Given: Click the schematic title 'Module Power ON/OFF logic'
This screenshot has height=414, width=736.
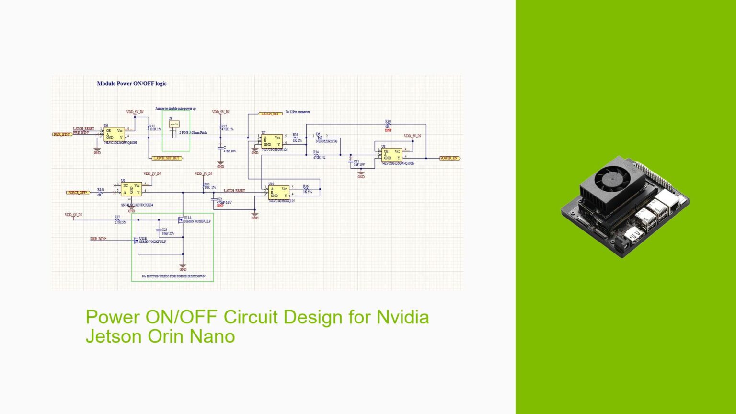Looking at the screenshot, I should [132, 83].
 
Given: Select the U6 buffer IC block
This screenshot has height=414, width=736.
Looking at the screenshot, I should [115, 134].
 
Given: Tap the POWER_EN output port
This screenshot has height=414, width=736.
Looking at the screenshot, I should [449, 158].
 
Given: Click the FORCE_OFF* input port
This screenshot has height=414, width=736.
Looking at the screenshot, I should [78, 193].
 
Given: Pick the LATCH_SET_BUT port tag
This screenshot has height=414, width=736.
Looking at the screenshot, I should [167, 158].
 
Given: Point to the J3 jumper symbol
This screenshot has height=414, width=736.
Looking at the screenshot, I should [174, 124].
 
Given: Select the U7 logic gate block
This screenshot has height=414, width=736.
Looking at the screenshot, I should [272, 141].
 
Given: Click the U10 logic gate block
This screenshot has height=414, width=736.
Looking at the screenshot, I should [278, 192].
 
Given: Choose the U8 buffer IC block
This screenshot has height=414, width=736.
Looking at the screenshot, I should [392, 155].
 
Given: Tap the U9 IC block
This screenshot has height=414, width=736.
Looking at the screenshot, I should [131, 189].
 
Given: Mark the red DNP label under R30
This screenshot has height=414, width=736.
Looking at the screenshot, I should [388, 130].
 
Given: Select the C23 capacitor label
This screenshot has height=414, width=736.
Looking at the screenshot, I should [164, 230].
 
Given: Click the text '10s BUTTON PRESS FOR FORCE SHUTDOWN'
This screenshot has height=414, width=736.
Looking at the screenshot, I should [173, 276].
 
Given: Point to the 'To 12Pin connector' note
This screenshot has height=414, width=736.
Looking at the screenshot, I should [298, 112].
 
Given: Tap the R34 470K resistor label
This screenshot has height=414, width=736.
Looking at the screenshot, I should [319, 155].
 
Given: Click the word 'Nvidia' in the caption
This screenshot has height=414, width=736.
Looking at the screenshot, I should [402, 317].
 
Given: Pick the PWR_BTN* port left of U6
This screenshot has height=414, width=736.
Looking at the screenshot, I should [62, 134].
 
